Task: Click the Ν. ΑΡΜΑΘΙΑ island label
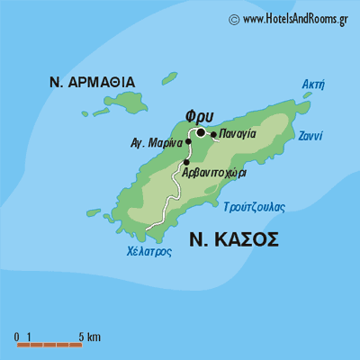(93, 83)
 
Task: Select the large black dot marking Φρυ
(201, 133)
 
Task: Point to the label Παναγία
(238, 133)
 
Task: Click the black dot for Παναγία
(213, 136)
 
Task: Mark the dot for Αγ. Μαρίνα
(188, 141)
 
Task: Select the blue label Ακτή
(313, 85)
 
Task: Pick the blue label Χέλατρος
(149, 253)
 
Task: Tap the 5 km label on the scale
(89, 337)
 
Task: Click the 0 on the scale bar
(16, 337)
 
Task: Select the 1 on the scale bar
(30, 337)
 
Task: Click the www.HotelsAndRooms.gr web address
(295, 18)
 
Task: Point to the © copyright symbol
(234, 18)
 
